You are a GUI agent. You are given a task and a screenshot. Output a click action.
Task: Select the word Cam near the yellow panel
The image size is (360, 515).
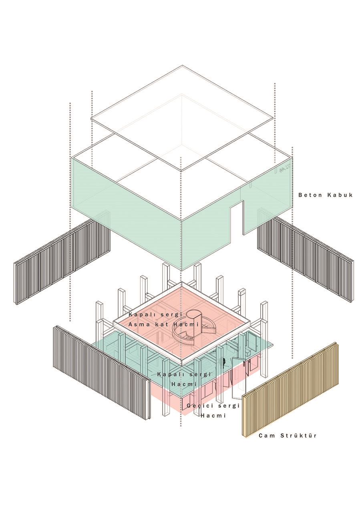[267, 435]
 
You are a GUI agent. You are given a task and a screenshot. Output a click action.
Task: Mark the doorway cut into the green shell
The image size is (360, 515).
[237, 218]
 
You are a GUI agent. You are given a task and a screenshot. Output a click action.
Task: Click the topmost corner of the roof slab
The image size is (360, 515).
[183, 65]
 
